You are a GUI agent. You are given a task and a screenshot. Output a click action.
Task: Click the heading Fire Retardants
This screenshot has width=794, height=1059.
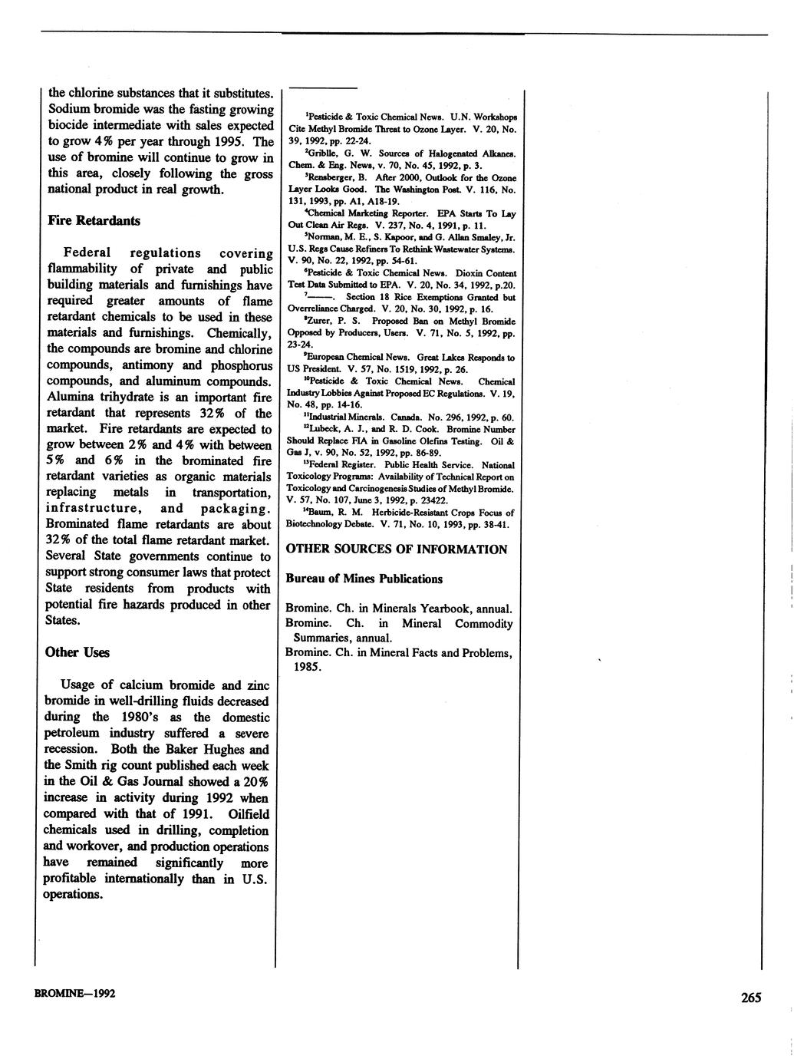[94, 221]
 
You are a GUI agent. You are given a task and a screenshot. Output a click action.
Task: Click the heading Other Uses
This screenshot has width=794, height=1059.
[77, 652]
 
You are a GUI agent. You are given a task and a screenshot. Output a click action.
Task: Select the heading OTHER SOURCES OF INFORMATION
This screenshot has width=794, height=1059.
[396, 549]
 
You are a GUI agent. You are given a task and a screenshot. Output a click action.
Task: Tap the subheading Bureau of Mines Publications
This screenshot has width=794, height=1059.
[364, 579]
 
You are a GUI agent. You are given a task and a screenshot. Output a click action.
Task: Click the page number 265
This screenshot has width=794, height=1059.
[751, 998]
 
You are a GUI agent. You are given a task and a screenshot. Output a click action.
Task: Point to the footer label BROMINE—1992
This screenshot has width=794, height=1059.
[75, 994]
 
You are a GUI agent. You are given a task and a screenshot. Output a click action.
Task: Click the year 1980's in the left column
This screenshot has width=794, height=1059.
[148, 718]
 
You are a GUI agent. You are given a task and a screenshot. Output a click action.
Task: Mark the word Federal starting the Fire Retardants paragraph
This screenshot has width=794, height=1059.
[87, 252]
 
